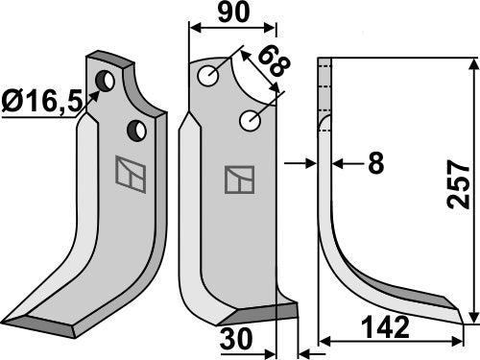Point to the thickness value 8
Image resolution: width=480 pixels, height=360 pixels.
(375, 164)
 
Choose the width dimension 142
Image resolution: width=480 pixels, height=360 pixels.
(387, 329)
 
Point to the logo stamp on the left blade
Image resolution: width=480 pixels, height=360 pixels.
(128, 171)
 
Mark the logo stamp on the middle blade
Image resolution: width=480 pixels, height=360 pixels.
(239, 179)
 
